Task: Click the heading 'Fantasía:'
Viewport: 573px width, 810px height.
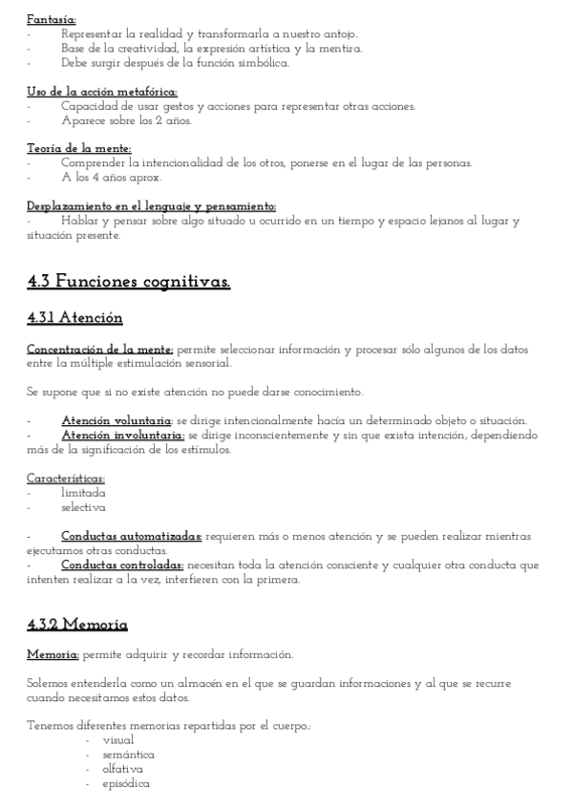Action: [52, 19]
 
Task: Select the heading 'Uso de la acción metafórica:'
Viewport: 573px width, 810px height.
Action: [102, 92]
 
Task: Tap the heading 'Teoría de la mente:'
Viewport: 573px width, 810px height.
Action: [78, 148]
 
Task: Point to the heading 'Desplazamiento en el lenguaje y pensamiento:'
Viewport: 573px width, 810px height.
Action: [152, 205]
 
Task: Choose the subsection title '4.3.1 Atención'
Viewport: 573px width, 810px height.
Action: [74, 317]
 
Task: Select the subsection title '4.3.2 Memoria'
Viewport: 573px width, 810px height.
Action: [77, 625]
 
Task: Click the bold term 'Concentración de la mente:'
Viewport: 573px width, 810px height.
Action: [100, 349]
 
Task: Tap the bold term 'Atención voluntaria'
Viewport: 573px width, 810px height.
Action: [116, 420]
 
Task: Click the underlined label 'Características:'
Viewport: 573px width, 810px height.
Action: [66, 478]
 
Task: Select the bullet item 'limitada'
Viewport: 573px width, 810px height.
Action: [84, 493]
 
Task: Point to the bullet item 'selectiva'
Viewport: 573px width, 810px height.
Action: [83, 507]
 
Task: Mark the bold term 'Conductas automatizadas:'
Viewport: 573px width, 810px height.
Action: [132, 536]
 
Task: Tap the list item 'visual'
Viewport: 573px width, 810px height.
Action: [117, 739]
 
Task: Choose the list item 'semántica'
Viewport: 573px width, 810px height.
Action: [128, 754]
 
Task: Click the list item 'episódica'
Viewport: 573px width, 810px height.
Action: [126, 783]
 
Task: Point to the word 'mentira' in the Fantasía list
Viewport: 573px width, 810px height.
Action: [340, 49]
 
